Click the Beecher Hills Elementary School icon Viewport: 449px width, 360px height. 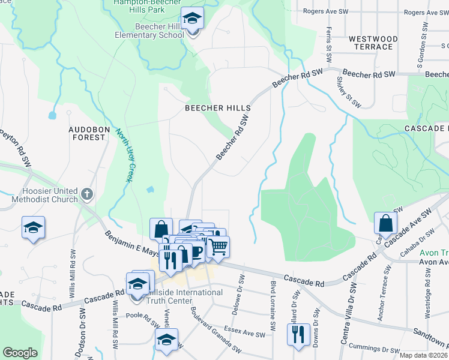192,20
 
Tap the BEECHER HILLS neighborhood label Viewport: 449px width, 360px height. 217,107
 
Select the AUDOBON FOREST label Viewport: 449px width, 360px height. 87,133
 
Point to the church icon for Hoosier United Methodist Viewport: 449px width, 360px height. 87,194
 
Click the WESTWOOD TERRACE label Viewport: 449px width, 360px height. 373,43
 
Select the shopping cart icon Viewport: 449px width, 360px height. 218,246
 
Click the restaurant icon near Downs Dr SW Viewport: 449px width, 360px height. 298,334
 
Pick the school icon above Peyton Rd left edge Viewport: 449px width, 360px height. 34,227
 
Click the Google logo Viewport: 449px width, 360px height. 20,352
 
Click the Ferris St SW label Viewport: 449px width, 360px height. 329,45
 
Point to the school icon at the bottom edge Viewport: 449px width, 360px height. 167,340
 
